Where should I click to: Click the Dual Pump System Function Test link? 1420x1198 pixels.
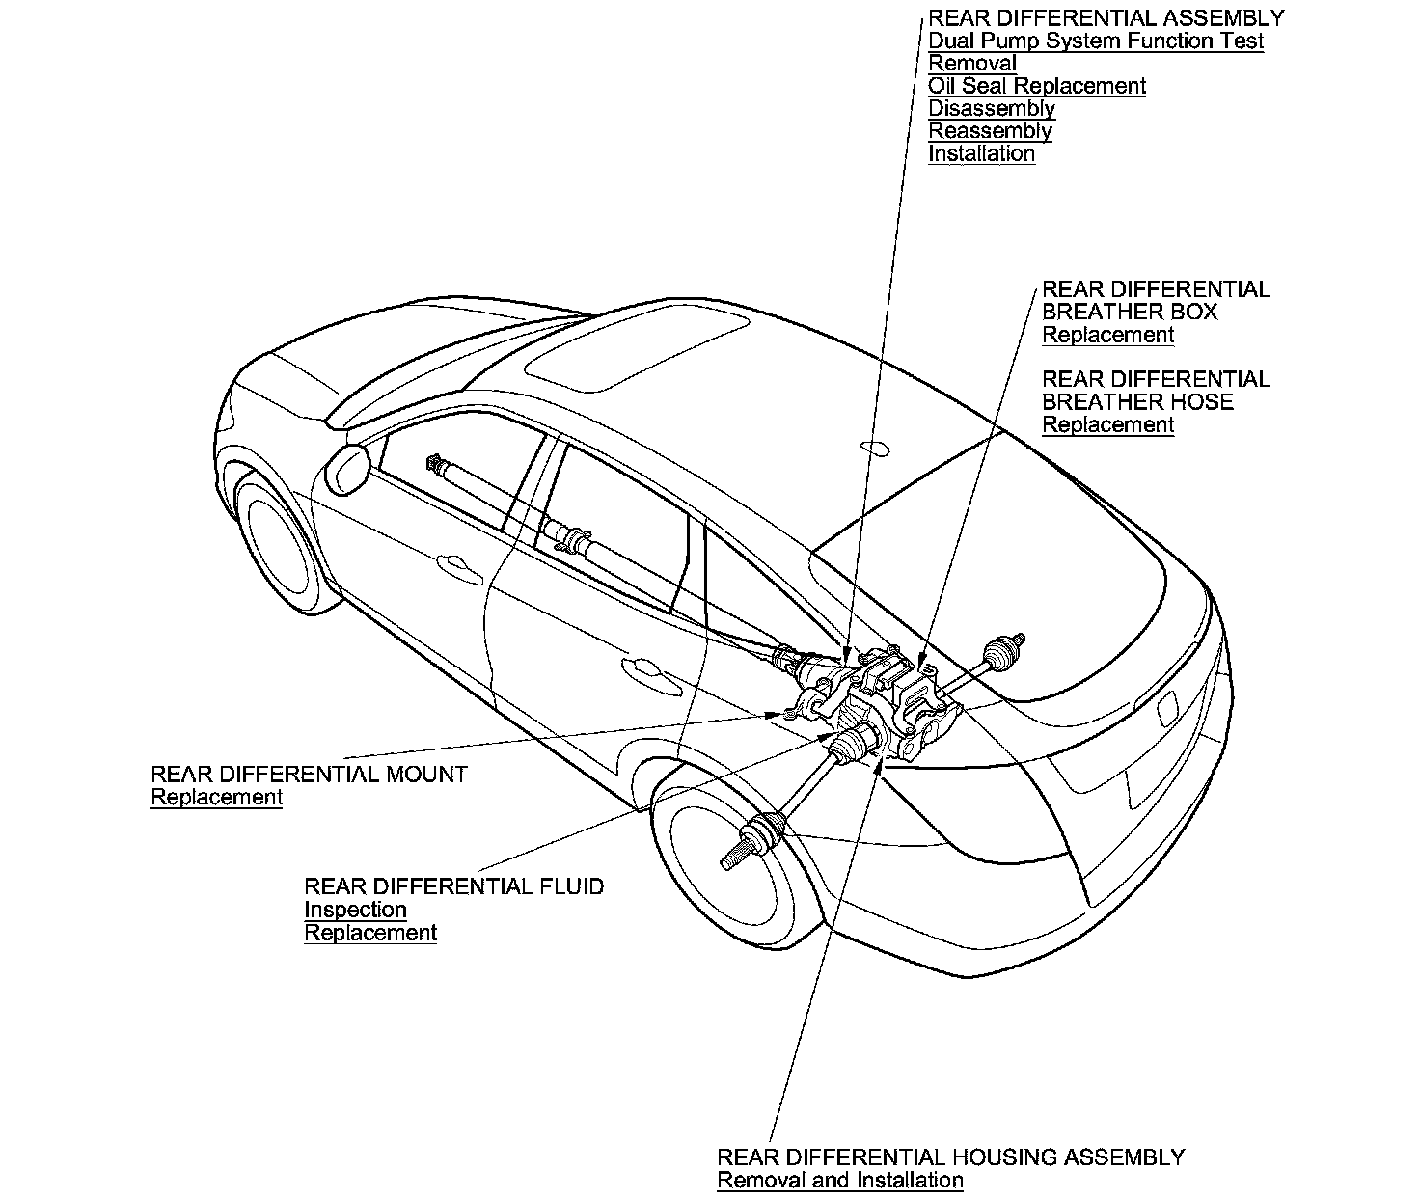(1096, 41)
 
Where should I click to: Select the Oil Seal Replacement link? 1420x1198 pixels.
(1037, 86)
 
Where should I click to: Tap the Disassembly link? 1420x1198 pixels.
(992, 108)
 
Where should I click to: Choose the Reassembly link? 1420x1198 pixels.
(990, 131)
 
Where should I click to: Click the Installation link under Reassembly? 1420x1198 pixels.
(981, 153)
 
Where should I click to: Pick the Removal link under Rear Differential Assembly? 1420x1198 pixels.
(972, 64)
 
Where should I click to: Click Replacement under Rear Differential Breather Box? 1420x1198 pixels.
(1107, 335)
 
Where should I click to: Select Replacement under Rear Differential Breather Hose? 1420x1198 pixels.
(1107, 424)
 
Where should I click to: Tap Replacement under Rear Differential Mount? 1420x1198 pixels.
(217, 798)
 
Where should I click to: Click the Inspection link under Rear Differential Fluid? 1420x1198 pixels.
(355, 910)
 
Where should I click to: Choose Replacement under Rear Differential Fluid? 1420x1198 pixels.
(370, 933)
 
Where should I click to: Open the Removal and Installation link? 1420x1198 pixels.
(839, 1181)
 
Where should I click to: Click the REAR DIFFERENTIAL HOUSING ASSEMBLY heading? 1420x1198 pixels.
(950, 1157)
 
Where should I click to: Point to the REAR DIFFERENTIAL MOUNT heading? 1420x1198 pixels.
(309, 775)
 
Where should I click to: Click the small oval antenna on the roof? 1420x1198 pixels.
(873, 447)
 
